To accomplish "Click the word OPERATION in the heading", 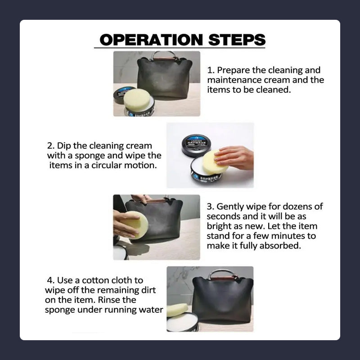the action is pyautogui.click(x=151, y=40).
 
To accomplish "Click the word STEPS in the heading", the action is pyautogui.click(x=237, y=40).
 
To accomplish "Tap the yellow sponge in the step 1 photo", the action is pyautogui.click(x=137, y=100).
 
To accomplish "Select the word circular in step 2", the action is pyautogui.click(x=106, y=165).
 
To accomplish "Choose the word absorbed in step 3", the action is pyautogui.click(x=280, y=246).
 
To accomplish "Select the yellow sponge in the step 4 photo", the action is pyautogui.click(x=177, y=310).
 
